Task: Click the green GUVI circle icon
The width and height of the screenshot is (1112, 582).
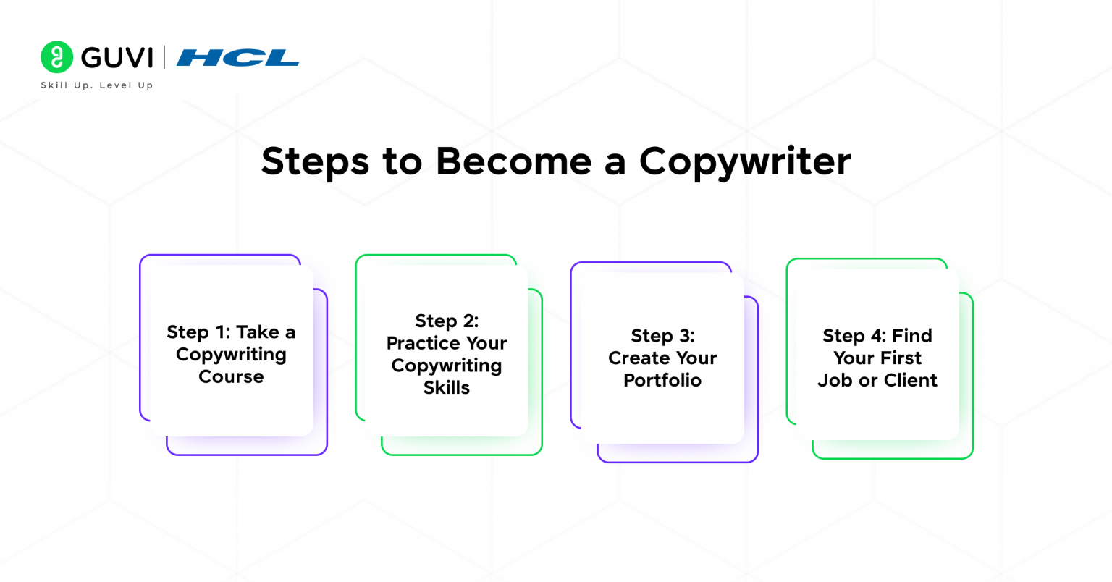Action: pyautogui.click(x=56, y=57)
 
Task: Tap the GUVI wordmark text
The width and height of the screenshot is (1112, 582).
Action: pyautogui.click(x=117, y=57)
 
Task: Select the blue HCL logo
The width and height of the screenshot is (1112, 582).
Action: pyautogui.click(x=237, y=57)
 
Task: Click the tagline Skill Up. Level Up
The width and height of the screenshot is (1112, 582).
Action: pyautogui.click(x=96, y=85)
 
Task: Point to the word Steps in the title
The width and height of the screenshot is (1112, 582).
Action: pyautogui.click(x=315, y=161)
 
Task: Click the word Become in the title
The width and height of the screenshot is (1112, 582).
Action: pyautogui.click(x=513, y=161)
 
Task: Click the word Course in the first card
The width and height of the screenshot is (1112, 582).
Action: pyautogui.click(x=231, y=377)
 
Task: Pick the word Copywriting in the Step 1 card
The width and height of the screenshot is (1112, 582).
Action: pyautogui.click(x=231, y=355)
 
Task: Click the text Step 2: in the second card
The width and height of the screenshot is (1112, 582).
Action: pyautogui.click(x=447, y=321)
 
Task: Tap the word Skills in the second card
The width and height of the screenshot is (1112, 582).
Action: pyautogui.click(x=447, y=388)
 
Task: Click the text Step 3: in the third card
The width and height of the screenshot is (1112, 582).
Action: pyautogui.click(x=662, y=336)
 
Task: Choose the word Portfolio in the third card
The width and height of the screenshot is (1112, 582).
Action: pyautogui.click(x=662, y=381)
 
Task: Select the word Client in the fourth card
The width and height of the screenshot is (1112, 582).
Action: pyautogui.click(x=910, y=381)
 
